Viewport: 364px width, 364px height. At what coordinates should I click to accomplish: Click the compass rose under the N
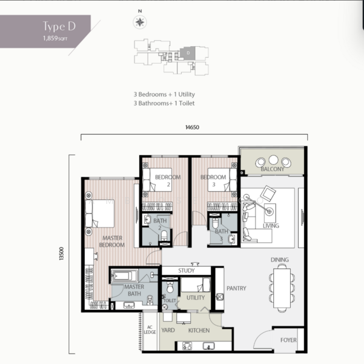(x=140, y=22)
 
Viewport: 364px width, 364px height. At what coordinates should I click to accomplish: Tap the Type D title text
(x=59, y=27)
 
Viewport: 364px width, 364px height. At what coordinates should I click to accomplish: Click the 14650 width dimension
(x=192, y=127)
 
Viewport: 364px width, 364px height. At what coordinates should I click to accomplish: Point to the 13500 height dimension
(x=61, y=254)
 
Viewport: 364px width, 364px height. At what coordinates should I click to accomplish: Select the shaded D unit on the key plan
(x=188, y=53)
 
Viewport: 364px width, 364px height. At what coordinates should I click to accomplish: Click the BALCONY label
(x=273, y=169)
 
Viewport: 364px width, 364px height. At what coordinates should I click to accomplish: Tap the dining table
(x=282, y=288)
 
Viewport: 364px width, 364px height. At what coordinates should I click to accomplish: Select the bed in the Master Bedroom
(x=100, y=214)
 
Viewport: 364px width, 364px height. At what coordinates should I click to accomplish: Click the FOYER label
(x=288, y=340)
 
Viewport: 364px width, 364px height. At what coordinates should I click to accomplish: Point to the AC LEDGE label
(x=150, y=330)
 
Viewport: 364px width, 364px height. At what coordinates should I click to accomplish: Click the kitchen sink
(x=209, y=346)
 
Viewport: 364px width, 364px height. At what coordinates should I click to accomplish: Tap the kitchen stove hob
(x=187, y=346)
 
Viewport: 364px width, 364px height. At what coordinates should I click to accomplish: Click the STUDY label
(x=187, y=271)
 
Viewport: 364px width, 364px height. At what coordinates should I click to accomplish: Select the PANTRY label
(x=236, y=288)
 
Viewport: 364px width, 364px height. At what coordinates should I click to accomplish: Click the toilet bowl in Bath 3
(x=216, y=223)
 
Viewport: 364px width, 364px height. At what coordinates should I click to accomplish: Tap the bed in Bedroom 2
(x=157, y=180)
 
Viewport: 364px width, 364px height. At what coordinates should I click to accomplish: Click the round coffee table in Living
(x=270, y=212)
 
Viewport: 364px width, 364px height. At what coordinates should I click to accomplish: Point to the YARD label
(x=168, y=330)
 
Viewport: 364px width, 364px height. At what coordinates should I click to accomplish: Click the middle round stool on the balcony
(x=274, y=160)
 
